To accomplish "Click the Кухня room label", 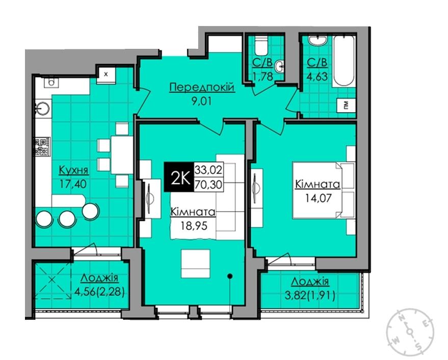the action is click(x=73, y=170).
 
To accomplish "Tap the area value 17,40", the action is click(x=73, y=184).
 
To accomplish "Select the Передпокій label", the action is click(x=202, y=87).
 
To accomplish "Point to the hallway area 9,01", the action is click(x=202, y=101).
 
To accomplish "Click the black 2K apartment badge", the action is click(x=178, y=177).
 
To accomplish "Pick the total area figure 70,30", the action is click(x=208, y=185).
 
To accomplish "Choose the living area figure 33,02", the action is click(x=208, y=170).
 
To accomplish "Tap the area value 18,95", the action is click(x=194, y=226).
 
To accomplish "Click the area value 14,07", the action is click(x=318, y=198).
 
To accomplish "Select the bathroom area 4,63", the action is click(x=317, y=76).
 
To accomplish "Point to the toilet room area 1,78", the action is click(x=263, y=76).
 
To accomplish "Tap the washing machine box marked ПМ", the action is click(x=346, y=106).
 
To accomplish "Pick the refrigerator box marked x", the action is click(x=106, y=75).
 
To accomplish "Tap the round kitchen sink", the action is click(x=42, y=109).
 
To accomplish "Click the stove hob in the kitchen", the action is click(x=42, y=147).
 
